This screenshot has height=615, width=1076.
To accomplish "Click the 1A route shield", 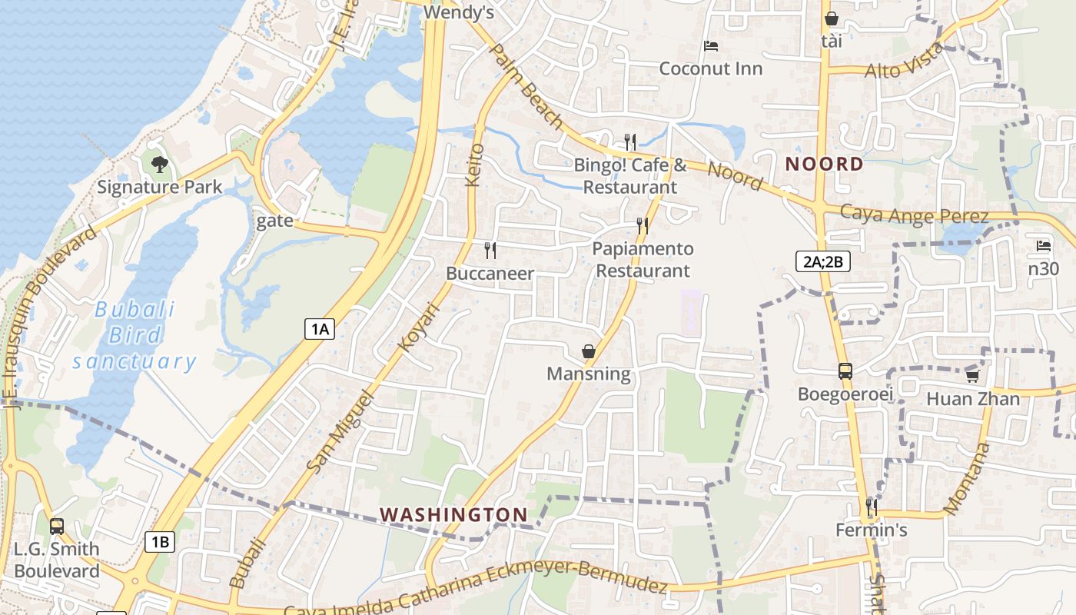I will point(320,329).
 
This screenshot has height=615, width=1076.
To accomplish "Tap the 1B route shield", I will point(160,541).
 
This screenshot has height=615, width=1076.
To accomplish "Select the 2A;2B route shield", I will point(822,261).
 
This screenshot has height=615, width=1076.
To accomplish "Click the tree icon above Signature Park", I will point(159,164).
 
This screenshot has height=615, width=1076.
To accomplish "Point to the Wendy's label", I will point(458,13).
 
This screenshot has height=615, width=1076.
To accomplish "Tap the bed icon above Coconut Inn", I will point(711,47).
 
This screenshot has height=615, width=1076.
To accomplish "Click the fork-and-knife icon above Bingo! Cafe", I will point(630,142).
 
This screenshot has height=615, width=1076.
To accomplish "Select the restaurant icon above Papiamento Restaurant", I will point(643,226).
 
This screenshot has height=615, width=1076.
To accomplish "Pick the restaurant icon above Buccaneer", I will point(490,251).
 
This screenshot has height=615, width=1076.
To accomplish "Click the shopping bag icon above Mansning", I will point(588,351).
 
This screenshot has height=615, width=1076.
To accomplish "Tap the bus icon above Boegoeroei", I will point(845,371).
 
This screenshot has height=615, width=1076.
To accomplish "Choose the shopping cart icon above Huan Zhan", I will point(972,376).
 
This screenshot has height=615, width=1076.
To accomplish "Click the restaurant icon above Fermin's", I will point(872,507).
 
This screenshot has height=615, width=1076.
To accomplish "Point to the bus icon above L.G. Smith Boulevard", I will point(57,527).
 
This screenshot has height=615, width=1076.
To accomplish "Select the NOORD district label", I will point(825,164).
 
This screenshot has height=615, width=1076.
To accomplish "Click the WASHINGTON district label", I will point(454,514).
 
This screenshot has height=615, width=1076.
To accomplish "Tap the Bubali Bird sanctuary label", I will point(134,335).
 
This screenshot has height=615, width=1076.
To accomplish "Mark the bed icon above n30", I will point(1043,246).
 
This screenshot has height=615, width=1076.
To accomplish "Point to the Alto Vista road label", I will point(904,61).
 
